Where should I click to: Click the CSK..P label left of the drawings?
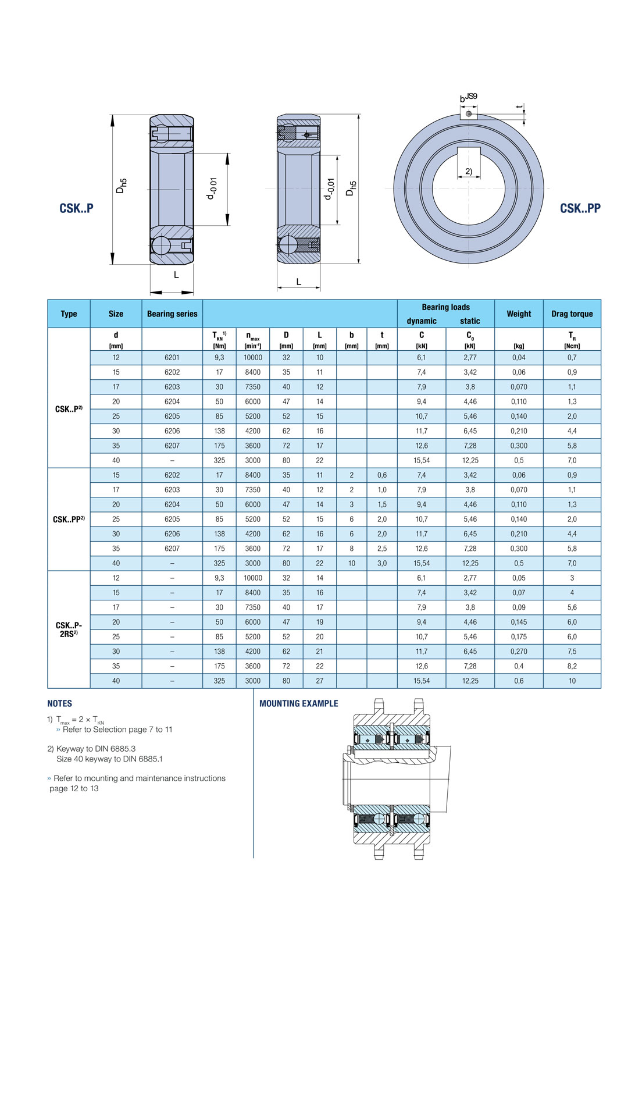(76, 208)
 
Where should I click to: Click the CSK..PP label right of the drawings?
(580, 208)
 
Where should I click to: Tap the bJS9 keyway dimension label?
(468, 98)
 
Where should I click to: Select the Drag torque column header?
(572, 314)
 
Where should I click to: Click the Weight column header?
(519, 314)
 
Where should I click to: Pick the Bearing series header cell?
(172, 314)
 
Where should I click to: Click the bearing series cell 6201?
(172, 358)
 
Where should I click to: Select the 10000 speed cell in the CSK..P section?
(253, 358)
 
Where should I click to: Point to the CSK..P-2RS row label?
(69, 629)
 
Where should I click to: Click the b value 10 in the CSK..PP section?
(351, 563)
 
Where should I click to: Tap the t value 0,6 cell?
(382, 475)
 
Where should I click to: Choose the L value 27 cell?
(320, 681)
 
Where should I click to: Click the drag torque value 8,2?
(572, 666)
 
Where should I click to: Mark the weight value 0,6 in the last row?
(519, 681)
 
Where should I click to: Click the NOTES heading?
(60, 703)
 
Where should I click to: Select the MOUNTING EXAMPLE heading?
(298, 703)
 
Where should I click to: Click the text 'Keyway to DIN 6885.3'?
(96, 749)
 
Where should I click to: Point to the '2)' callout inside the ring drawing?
(469, 172)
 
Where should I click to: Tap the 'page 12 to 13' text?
(74, 789)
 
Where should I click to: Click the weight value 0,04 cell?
(519, 358)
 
